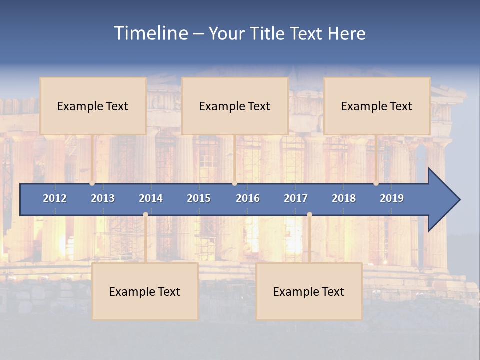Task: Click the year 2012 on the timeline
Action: (55, 198)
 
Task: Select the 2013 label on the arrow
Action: (103, 198)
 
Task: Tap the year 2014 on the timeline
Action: (151, 198)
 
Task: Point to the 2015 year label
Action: (199, 198)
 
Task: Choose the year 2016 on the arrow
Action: (248, 198)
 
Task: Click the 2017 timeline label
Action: (296, 198)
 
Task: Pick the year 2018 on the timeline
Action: (344, 198)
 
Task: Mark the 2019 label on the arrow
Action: (392, 198)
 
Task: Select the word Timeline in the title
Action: (150, 33)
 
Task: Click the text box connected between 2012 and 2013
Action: (93, 106)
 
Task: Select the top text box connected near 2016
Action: (235, 106)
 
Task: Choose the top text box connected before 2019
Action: (377, 106)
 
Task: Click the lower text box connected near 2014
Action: (145, 291)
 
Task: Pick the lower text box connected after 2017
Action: (309, 291)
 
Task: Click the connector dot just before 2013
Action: (92, 183)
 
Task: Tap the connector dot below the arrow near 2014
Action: (145, 215)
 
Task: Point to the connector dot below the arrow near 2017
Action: (309, 215)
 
